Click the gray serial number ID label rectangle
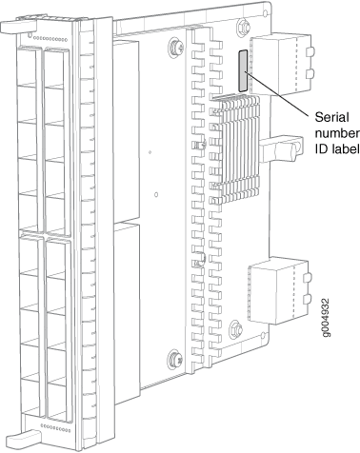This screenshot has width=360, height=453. point(243,70)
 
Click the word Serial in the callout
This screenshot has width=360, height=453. point(331,117)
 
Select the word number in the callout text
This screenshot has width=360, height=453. point(337,133)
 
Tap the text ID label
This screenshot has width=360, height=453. point(337,148)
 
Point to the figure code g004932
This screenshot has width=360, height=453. point(326,318)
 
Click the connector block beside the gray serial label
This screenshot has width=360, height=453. point(282,64)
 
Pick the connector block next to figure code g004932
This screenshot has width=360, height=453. point(279,291)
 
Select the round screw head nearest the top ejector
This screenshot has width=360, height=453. point(176,47)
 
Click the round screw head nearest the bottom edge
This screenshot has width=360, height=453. point(175,358)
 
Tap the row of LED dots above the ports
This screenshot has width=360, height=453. point(50,40)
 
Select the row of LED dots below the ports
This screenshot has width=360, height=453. point(56,428)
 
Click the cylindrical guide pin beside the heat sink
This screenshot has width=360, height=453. point(281,148)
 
